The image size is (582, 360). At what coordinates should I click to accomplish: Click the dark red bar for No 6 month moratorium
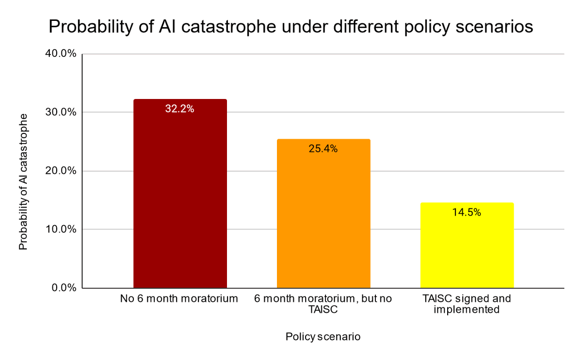180,194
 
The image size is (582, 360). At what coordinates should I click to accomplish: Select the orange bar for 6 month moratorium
323,213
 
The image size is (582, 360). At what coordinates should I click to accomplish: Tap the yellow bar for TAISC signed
467,245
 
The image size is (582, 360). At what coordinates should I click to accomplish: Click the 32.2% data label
179,109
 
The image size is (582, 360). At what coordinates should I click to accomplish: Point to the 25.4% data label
323,148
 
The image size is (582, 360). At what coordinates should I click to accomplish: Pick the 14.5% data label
467,212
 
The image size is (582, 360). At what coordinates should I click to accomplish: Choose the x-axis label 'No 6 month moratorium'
179,299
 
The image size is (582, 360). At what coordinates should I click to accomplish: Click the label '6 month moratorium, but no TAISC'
323,304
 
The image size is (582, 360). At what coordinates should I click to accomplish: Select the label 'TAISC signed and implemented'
467,304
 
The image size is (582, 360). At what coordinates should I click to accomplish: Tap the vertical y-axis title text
23,182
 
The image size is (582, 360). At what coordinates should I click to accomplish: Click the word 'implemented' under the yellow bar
467,309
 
